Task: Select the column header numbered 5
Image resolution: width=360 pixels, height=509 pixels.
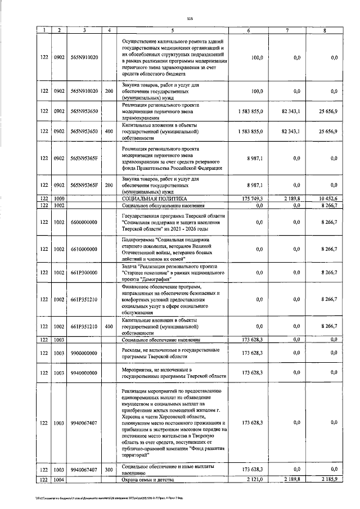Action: [173, 29]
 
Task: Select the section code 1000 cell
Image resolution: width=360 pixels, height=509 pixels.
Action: [59, 199]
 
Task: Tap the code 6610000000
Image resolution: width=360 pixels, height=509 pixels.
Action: [84, 249]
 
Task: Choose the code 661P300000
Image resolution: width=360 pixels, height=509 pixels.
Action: [84, 272]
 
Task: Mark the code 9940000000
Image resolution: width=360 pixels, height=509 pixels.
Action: [84, 372]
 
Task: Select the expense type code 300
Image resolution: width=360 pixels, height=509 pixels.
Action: [109, 469]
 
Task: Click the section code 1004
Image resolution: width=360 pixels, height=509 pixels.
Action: [59, 479]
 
